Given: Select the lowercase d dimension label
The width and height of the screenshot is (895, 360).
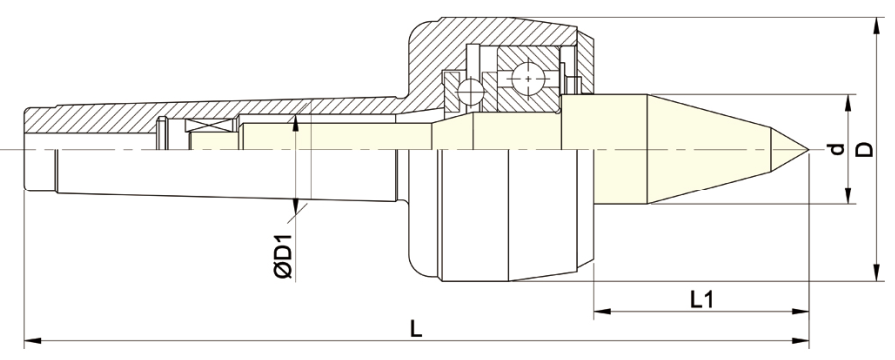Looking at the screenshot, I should (x=836, y=150).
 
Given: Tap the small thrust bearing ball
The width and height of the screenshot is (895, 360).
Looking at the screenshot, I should (x=466, y=91).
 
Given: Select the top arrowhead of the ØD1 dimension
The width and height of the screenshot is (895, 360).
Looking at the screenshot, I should (x=296, y=118).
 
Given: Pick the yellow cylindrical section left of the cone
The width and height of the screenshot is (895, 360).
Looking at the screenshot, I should (x=620, y=150).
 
